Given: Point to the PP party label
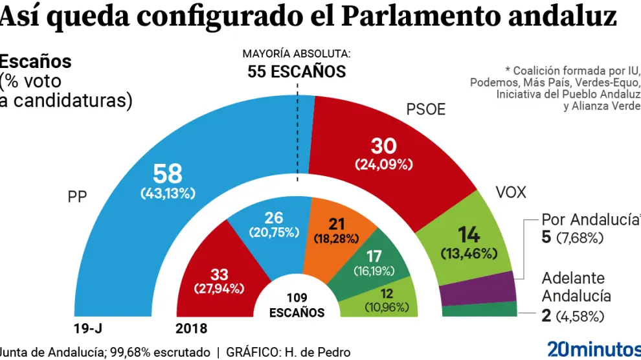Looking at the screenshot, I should (x=78, y=196).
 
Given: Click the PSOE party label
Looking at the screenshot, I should (x=425, y=109).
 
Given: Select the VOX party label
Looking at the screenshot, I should (x=511, y=192).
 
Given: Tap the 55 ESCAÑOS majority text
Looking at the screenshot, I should (x=297, y=71).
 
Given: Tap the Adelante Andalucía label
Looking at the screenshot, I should (x=576, y=287).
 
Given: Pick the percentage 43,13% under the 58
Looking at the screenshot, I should (x=168, y=193).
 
